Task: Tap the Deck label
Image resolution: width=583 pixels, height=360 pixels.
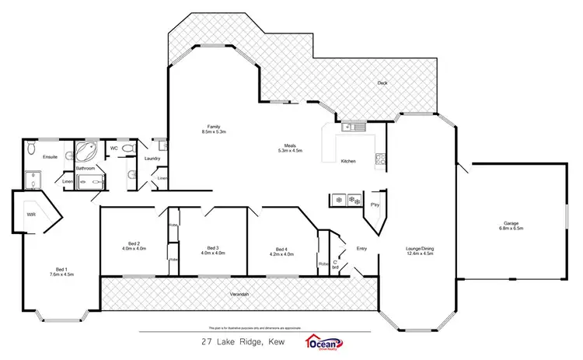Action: coord(382,83)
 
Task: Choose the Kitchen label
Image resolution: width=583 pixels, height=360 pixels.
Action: coord(348,161)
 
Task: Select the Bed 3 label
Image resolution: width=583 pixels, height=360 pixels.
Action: coord(212,248)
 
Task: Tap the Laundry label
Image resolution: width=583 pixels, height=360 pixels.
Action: coord(152,159)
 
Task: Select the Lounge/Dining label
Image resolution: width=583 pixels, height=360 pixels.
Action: coord(419,248)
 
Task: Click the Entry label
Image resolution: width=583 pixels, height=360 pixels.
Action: coord(361,248)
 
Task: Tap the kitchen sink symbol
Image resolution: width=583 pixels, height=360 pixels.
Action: coord(349,128)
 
